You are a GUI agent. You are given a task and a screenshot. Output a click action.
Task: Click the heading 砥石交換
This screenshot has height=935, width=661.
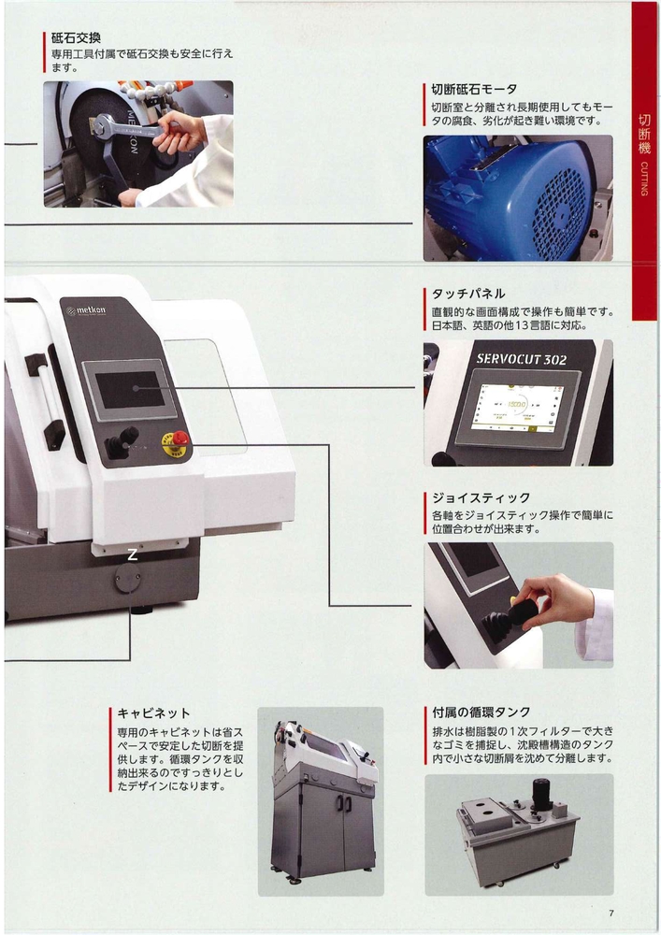click(76, 39)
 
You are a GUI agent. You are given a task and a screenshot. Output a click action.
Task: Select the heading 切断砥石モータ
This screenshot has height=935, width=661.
click(474, 90)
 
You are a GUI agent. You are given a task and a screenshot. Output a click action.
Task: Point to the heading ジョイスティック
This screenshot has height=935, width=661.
click(481, 498)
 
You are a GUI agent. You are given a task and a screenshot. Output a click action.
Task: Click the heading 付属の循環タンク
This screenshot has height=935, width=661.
click(481, 712)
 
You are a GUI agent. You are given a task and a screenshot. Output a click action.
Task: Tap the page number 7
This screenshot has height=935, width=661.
click(611, 913)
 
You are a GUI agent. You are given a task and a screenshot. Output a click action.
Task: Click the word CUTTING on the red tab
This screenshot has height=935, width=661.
click(644, 179)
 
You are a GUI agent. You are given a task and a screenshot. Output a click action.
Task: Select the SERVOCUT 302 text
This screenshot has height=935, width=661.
click(522, 359)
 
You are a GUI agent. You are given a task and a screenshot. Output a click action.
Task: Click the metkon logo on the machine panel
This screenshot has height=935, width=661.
click(86, 310)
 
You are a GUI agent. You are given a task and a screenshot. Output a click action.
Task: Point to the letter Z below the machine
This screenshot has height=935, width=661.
click(133, 555)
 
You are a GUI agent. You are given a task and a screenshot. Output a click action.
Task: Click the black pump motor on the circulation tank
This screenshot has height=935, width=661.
click(541, 793)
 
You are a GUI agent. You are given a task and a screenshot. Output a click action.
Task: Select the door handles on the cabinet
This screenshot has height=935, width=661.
click(343, 803)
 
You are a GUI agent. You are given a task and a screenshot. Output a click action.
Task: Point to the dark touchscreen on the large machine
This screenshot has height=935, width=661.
click(130, 390)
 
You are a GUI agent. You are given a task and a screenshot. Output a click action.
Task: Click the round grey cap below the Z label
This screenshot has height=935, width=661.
click(128, 578)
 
